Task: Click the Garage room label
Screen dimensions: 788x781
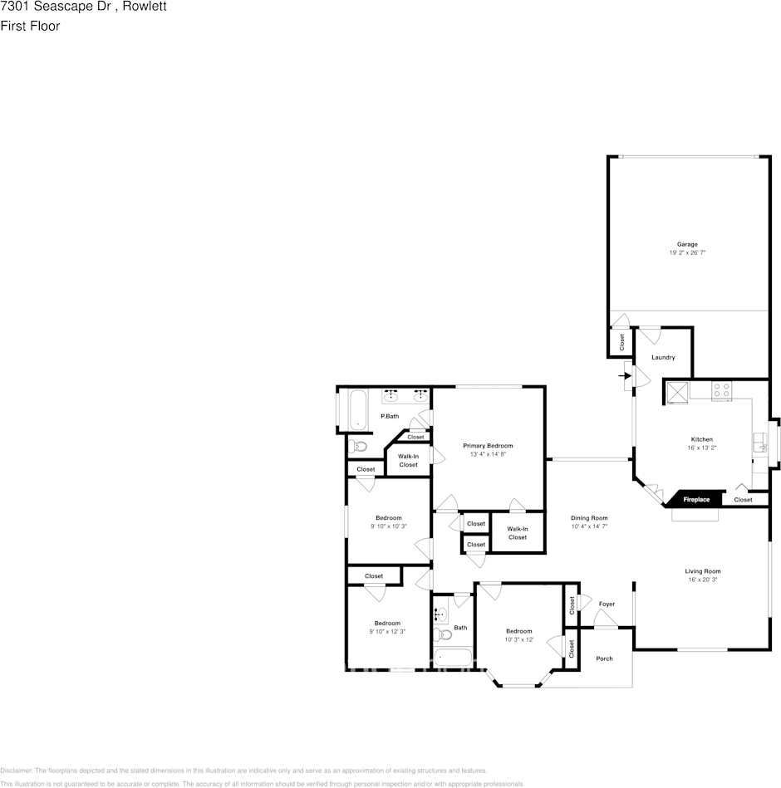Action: coord(687,244)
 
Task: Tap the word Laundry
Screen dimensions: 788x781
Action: coord(663,357)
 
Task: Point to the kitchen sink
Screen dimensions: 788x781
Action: coord(759,443)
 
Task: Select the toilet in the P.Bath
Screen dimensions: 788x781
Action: coord(359,447)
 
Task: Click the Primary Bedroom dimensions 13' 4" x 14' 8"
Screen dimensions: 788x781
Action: coord(488,454)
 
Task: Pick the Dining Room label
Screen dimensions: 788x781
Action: coord(589,517)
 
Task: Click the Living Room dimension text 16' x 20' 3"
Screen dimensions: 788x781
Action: coord(702,580)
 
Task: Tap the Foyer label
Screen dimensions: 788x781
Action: coord(607,604)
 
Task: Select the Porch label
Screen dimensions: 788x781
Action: coord(604,658)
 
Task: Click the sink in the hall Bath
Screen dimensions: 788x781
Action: coord(440,615)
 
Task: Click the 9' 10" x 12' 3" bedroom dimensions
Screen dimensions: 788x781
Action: coord(387,632)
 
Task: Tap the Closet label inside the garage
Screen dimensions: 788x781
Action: coord(621,340)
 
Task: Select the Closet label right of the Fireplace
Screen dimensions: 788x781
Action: coord(743,500)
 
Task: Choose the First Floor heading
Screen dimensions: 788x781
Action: coord(30,26)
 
